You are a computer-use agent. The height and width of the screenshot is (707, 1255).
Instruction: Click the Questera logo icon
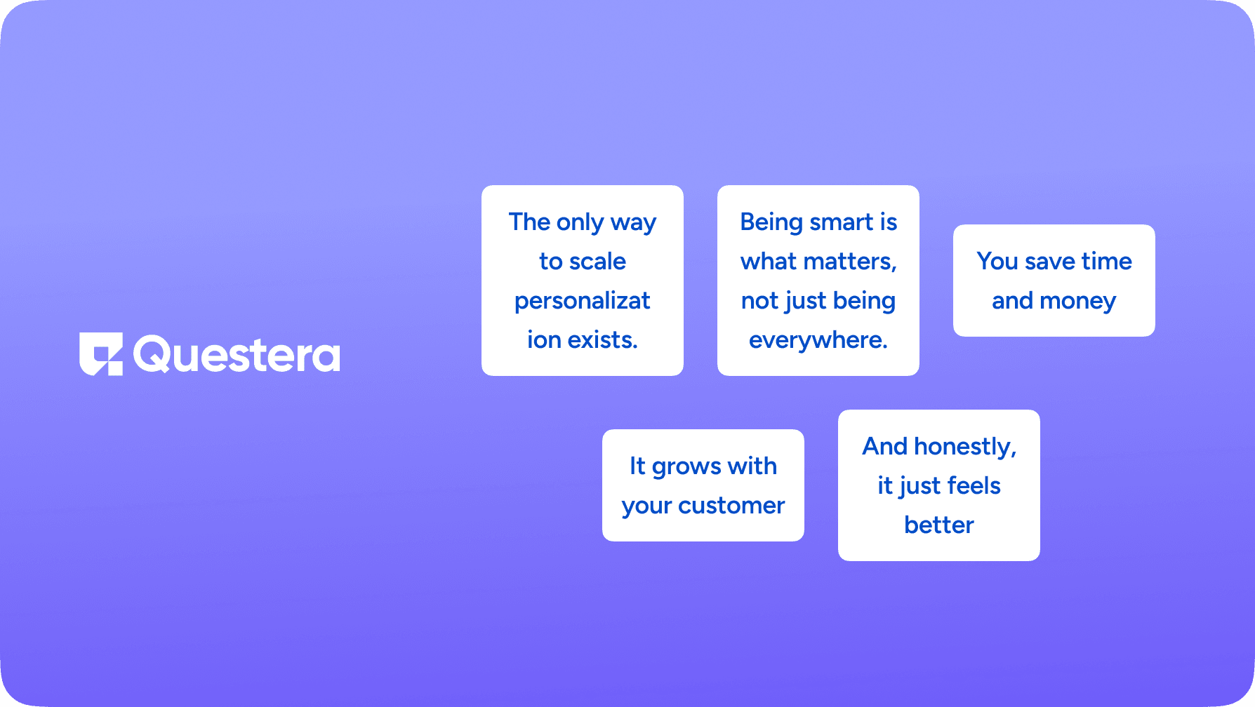101,353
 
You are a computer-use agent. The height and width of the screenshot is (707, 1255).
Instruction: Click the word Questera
237,354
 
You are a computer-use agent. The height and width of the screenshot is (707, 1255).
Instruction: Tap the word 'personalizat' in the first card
583,302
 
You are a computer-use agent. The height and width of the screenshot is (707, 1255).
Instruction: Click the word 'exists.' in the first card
603,340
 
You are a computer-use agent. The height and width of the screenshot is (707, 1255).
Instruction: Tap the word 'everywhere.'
818,341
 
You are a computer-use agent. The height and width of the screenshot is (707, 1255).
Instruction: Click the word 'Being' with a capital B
771,223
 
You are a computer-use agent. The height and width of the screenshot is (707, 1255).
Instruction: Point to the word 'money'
1078,302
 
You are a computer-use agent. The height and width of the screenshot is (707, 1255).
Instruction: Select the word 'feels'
974,485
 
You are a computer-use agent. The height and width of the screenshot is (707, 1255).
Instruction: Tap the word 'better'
939,525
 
